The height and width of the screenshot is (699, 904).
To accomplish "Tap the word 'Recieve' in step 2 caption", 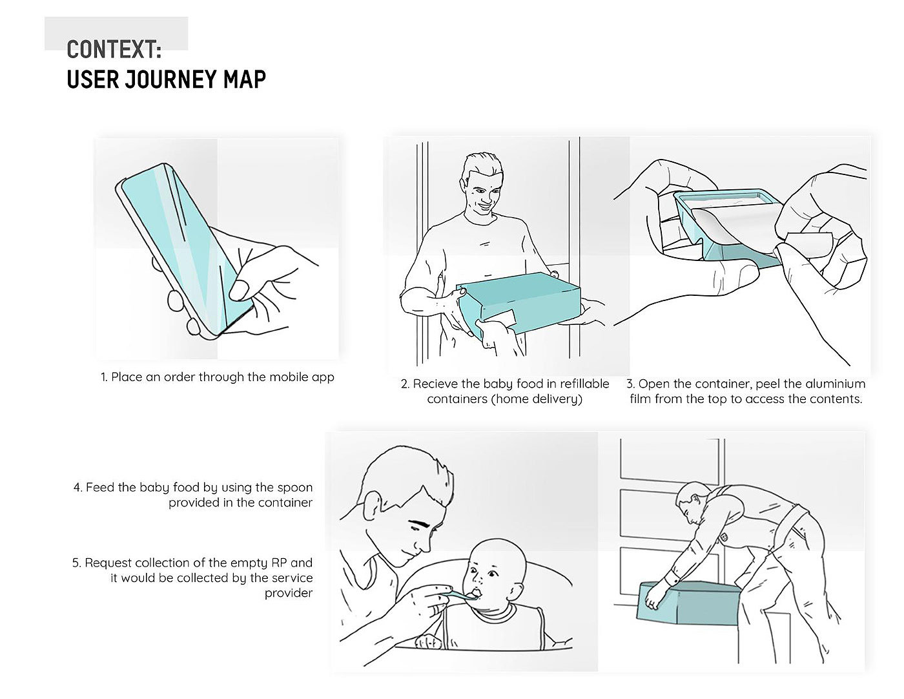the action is (x=435, y=384).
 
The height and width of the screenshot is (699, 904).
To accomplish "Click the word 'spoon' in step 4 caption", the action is (x=295, y=488).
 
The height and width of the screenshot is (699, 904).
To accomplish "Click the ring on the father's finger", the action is (x=435, y=610).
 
